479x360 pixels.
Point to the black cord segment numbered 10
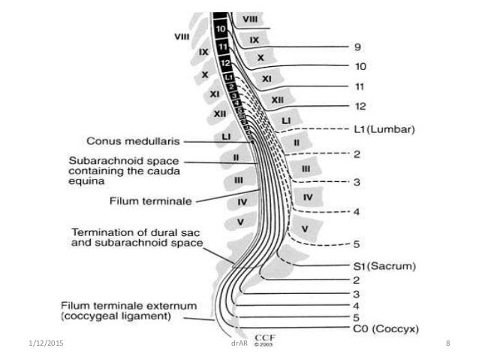click(x=218, y=29)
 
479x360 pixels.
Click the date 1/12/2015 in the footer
click(x=28, y=343)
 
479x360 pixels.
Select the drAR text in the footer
click(x=239, y=344)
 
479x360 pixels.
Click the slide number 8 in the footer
click(x=447, y=343)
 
